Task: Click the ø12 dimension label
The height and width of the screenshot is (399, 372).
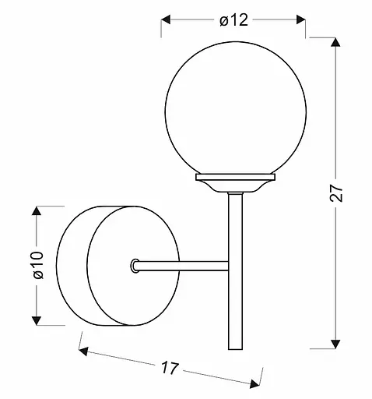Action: coord(233,20)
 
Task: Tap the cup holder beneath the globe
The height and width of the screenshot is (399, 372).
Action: coord(233,184)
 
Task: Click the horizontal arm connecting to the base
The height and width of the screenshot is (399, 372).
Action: coord(183,267)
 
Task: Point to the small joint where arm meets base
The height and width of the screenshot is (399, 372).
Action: coord(136,267)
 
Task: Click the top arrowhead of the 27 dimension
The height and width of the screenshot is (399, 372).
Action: coord(335,43)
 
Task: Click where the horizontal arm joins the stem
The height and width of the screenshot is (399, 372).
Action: coord(228,267)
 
